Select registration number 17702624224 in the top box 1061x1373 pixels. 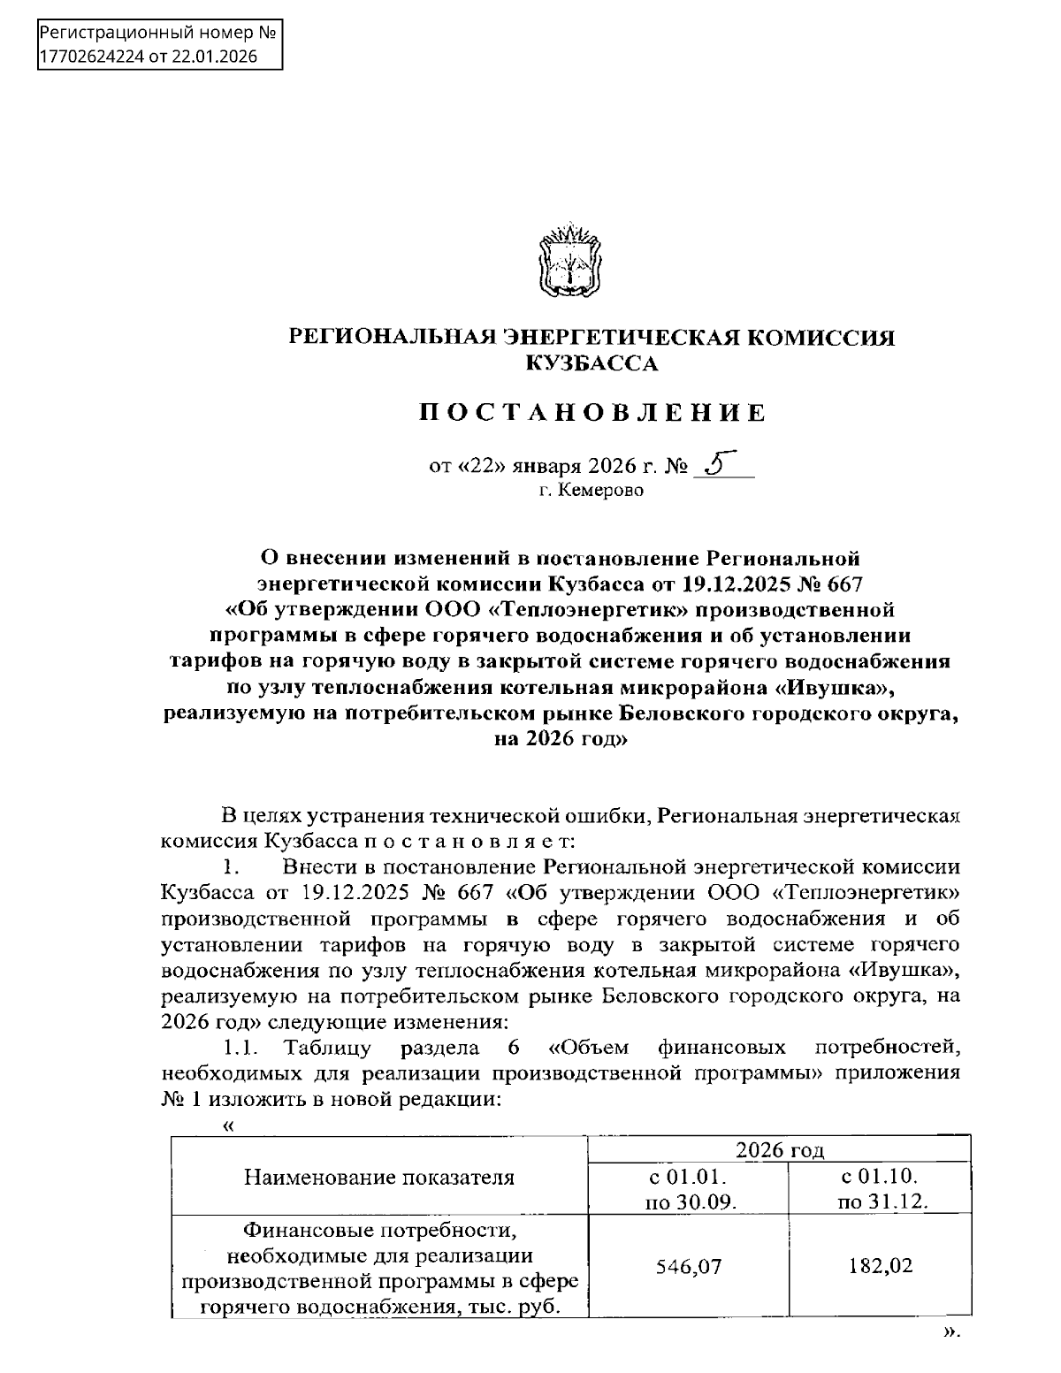(91, 57)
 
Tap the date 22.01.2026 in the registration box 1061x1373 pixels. (217, 57)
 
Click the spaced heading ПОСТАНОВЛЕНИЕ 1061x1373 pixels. (592, 413)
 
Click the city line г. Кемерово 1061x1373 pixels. (592, 490)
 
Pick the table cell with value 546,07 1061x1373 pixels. (689, 1266)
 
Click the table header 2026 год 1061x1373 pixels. (780, 1149)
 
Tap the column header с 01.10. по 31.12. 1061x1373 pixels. (880, 1188)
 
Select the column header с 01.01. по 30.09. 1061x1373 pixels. (689, 1188)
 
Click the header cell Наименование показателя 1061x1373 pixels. (378, 1177)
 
